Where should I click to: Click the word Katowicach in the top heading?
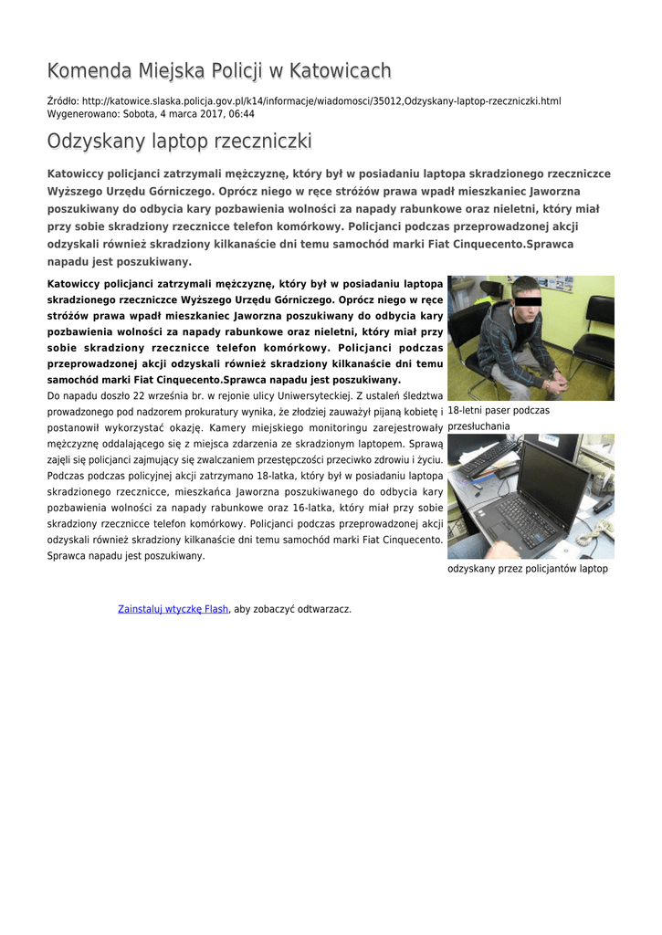[339, 71]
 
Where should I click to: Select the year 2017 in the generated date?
[196, 114]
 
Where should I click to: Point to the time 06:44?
[241, 114]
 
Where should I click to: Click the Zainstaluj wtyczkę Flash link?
[173, 609]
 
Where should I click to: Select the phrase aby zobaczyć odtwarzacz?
[293, 609]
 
